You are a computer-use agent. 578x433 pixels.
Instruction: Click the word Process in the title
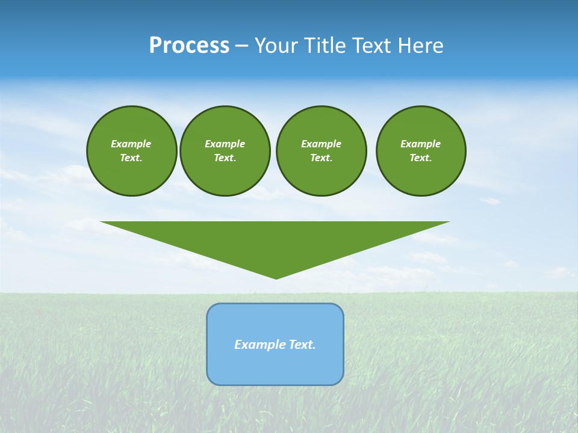click(189, 46)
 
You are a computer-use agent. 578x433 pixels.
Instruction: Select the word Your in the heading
click(278, 46)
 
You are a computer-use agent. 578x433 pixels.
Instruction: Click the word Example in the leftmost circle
click(131, 144)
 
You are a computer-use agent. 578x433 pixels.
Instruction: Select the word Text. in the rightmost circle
click(421, 158)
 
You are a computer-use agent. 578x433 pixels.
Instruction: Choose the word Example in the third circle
click(322, 144)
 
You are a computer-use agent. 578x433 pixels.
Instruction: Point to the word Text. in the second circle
click(225, 158)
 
